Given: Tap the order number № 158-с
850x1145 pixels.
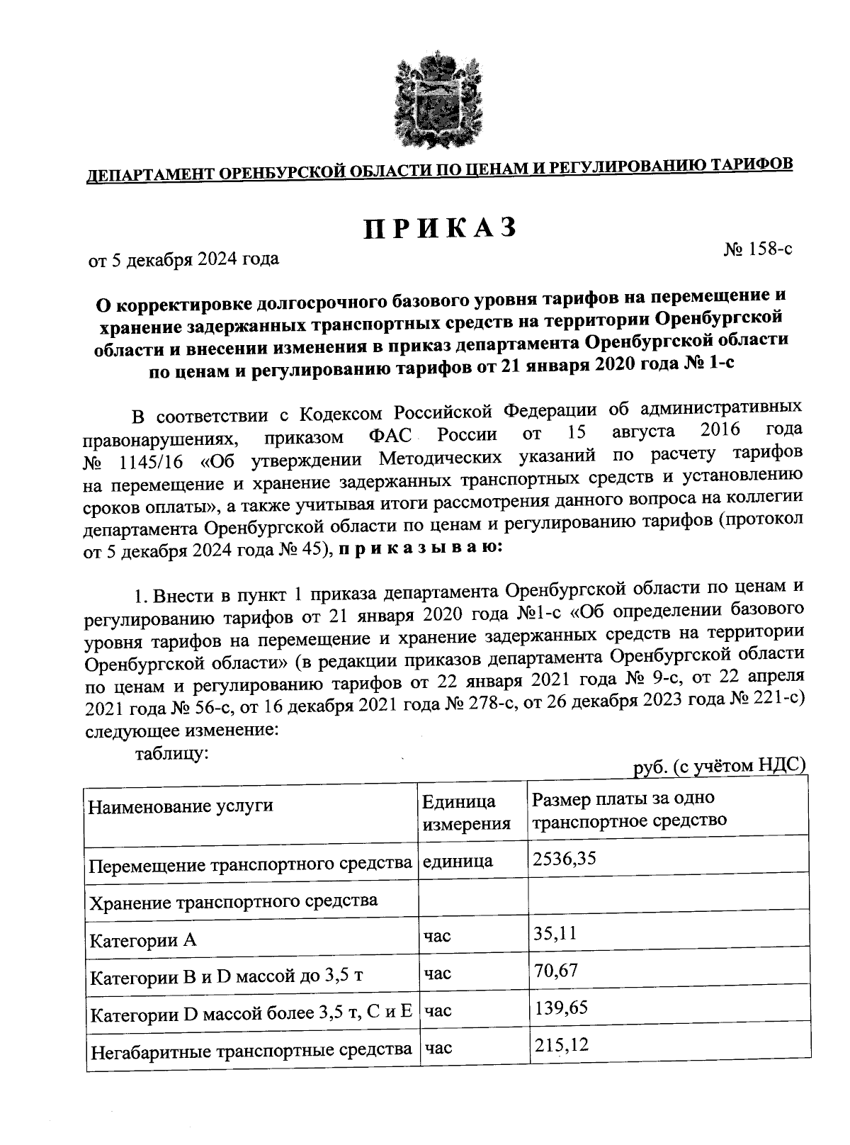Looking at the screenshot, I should coord(757,249).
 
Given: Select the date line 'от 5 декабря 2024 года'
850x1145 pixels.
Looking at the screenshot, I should coord(183,259).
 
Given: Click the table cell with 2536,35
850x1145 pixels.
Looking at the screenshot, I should coord(565,859).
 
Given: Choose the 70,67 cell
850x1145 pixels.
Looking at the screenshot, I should coord(555,970).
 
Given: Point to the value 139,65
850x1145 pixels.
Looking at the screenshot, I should coord(561,1008).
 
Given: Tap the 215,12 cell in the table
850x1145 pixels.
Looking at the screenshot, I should coord(561,1044).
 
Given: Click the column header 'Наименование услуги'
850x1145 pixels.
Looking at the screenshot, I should coord(181,806).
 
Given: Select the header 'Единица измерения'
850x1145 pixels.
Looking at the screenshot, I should coord(466,813).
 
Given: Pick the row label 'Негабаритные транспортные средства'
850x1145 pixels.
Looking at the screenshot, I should coord(251,1051).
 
